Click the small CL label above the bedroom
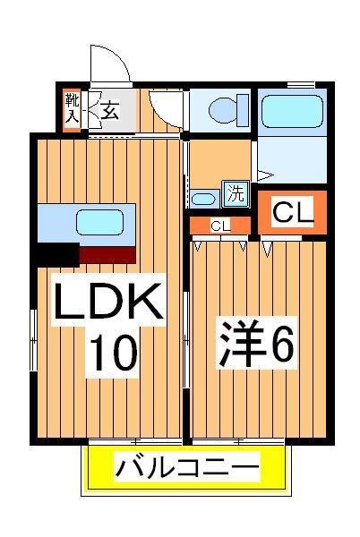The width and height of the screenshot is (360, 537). coord(220,226)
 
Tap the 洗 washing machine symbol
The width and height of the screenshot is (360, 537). coord(234,192)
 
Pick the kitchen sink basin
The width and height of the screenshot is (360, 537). coord(100,221)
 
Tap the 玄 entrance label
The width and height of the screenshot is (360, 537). coord(109,111)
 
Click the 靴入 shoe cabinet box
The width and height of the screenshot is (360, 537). coord(73,108)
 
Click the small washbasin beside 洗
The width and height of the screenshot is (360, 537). coord(205,198)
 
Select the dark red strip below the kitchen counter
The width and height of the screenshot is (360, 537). coord(107,253)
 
